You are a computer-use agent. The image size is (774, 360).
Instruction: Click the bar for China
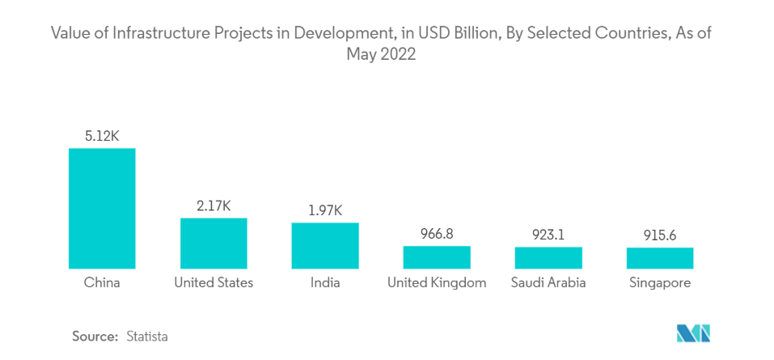pyautogui.click(x=102, y=208)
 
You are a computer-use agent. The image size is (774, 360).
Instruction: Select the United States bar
pyautogui.click(x=214, y=243)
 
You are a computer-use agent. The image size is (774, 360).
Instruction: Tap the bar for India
pyautogui.click(x=325, y=245)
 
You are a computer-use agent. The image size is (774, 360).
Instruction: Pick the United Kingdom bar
pyautogui.click(x=437, y=257)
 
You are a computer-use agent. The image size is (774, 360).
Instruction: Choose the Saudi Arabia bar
pyautogui.click(x=548, y=258)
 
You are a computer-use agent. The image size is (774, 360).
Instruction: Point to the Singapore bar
pyautogui.click(x=660, y=258)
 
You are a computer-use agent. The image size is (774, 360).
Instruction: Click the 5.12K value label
pyautogui.click(x=102, y=136)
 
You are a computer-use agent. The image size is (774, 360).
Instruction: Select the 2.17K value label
pyautogui.click(x=214, y=205)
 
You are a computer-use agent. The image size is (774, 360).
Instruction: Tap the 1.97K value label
pyautogui.click(x=325, y=210)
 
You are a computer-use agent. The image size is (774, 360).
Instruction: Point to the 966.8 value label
pyautogui.click(x=437, y=234)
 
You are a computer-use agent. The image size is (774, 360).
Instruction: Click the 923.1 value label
pyautogui.click(x=548, y=235)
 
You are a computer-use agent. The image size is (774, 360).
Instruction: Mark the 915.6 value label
pyautogui.click(x=660, y=235)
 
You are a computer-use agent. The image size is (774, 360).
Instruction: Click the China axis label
pyautogui.click(x=102, y=283)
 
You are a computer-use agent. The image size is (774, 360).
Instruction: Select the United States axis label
pyautogui.click(x=214, y=283)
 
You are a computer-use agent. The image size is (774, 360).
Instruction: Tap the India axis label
pyautogui.click(x=325, y=283)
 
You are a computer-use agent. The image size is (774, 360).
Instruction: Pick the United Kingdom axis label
pyautogui.click(x=437, y=283)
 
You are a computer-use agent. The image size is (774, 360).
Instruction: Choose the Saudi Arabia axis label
pyautogui.click(x=548, y=283)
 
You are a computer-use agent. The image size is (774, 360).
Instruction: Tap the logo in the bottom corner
pyautogui.click(x=693, y=333)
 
